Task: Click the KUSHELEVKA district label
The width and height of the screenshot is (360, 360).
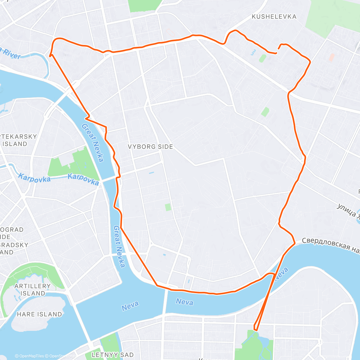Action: coord(274,17)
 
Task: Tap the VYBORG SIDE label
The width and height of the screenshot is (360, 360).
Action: coord(150,147)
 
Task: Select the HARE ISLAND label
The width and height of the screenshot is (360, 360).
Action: coord(39,314)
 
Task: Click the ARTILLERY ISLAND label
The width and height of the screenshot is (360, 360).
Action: coord(32,289)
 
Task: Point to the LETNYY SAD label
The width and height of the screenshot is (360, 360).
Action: coord(112,355)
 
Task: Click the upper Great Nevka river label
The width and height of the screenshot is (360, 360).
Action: coord(93,143)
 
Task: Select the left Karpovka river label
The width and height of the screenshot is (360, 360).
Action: coord(34,178)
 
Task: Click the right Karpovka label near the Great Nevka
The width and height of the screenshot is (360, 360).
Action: coord(83,179)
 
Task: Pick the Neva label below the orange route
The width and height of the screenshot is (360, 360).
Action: coord(184,302)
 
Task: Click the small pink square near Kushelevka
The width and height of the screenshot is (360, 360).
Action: coord(331,57)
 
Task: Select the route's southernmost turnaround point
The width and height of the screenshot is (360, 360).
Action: coord(255,329)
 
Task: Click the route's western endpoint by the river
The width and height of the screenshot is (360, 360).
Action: coord(50,55)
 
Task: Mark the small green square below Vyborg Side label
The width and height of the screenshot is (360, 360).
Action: coord(168,207)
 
